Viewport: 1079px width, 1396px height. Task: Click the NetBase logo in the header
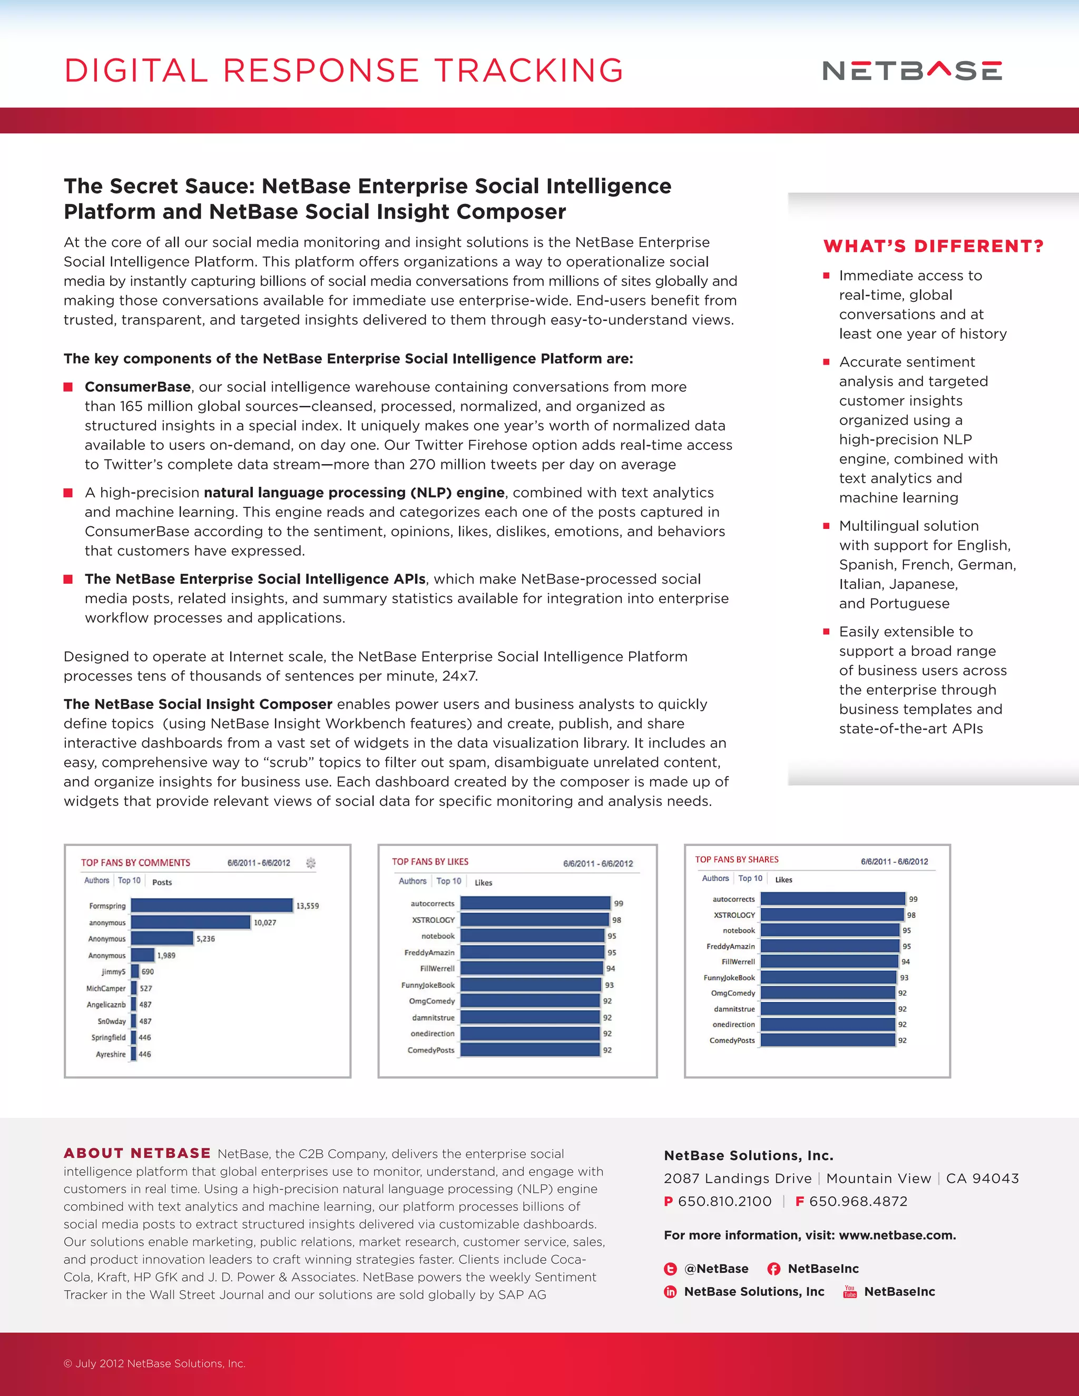coord(912,70)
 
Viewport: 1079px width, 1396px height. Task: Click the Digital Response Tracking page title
coord(344,70)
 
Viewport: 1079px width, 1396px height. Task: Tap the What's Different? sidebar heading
coord(933,246)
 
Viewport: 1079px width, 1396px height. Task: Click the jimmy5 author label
coord(113,971)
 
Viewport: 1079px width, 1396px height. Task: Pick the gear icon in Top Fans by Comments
coord(311,863)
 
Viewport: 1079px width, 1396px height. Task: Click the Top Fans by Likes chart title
coord(430,862)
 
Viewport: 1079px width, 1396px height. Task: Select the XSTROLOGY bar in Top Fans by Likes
coord(534,920)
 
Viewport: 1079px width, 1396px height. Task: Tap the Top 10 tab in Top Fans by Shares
coord(750,878)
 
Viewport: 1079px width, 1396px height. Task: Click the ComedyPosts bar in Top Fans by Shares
coord(828,1040)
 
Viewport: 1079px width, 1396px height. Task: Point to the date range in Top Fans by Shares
coord(894,862)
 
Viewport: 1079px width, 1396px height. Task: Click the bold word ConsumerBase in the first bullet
coord(138,387)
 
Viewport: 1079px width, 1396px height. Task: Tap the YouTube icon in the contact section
coord(849,1291)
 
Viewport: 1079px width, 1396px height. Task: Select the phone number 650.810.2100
coord(725,1201)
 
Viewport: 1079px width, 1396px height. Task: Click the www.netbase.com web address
coord(897,1235)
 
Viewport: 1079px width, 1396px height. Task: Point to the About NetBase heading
coord(137,1153)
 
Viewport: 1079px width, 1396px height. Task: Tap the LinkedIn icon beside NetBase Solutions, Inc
coord(670,1292)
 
